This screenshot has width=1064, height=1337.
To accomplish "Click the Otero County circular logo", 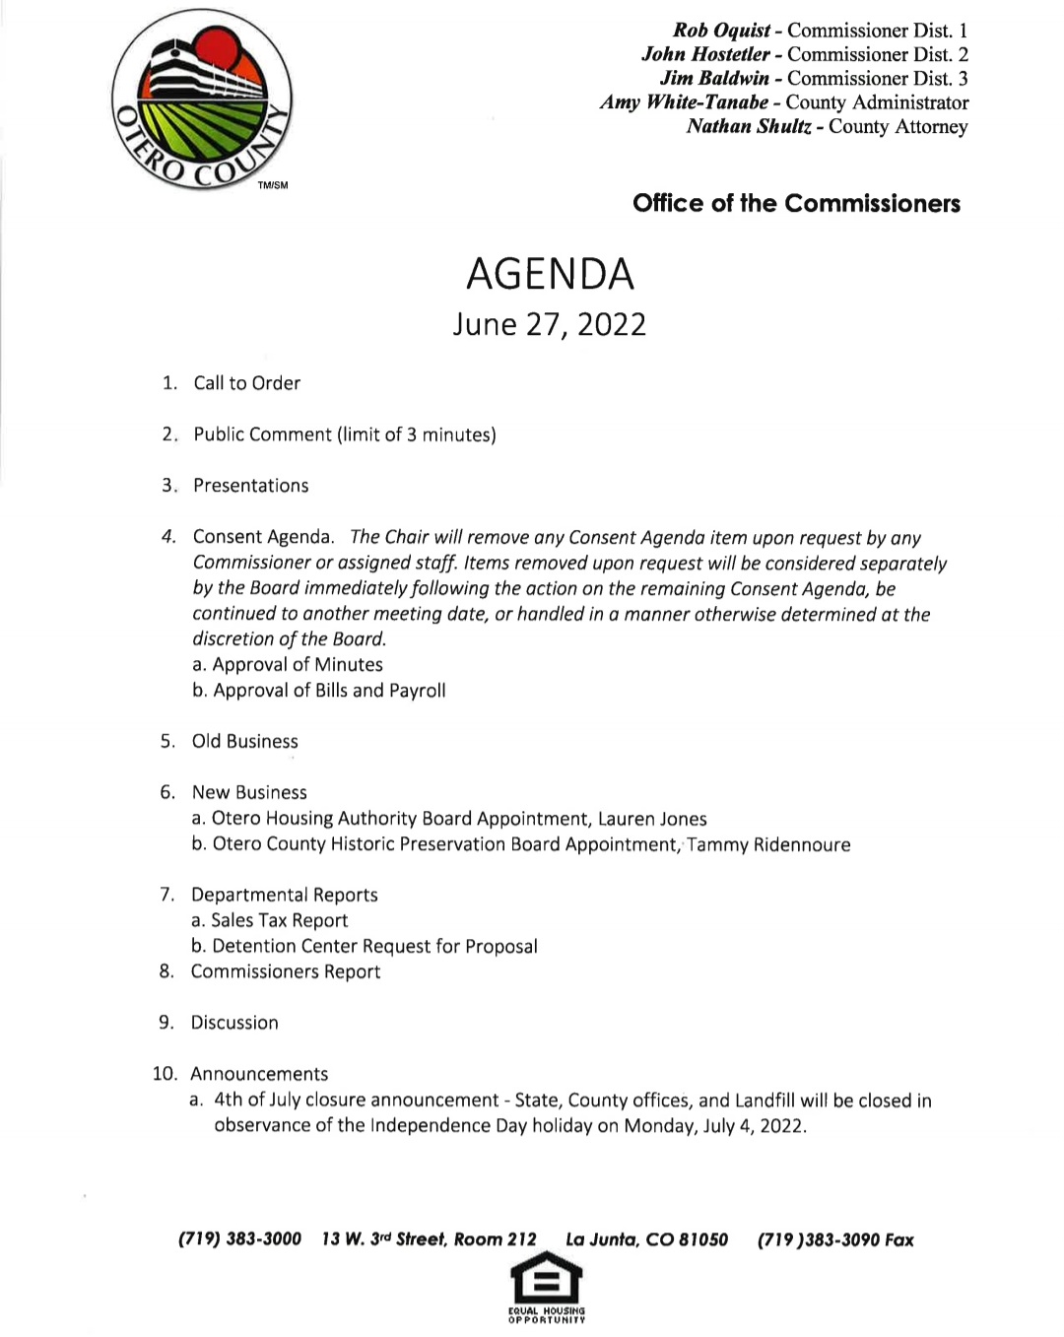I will click(202, 99).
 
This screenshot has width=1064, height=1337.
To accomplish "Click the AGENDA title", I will click(550, 274).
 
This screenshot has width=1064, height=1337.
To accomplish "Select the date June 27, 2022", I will click(549, 325).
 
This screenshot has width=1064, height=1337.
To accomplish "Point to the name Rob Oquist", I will click(721, 31).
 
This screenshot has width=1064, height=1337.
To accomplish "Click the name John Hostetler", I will click(705, 54).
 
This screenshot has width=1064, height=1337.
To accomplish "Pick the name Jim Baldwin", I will click(714, 78).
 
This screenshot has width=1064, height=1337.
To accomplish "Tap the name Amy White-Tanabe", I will click(684, 102).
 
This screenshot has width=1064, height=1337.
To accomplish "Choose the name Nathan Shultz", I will click(749, 126).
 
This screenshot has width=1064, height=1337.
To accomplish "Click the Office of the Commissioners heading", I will click(796, 203).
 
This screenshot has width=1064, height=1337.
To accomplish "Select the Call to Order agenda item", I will click(246, 383).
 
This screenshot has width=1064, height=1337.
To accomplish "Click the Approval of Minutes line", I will click(288, 665).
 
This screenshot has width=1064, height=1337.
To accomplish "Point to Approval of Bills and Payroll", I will click(319, 691).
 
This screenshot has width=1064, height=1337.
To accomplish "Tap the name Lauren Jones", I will click(652, 819).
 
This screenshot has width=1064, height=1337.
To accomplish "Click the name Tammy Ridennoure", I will click(768, 844).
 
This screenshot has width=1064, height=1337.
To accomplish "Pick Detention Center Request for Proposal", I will click(365, 946).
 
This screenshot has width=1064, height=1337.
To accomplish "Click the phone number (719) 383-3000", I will click(239, 1239).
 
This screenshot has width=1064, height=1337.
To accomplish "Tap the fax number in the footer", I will click(834, 1239).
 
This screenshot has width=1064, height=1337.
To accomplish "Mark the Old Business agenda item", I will click(244, 741).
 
